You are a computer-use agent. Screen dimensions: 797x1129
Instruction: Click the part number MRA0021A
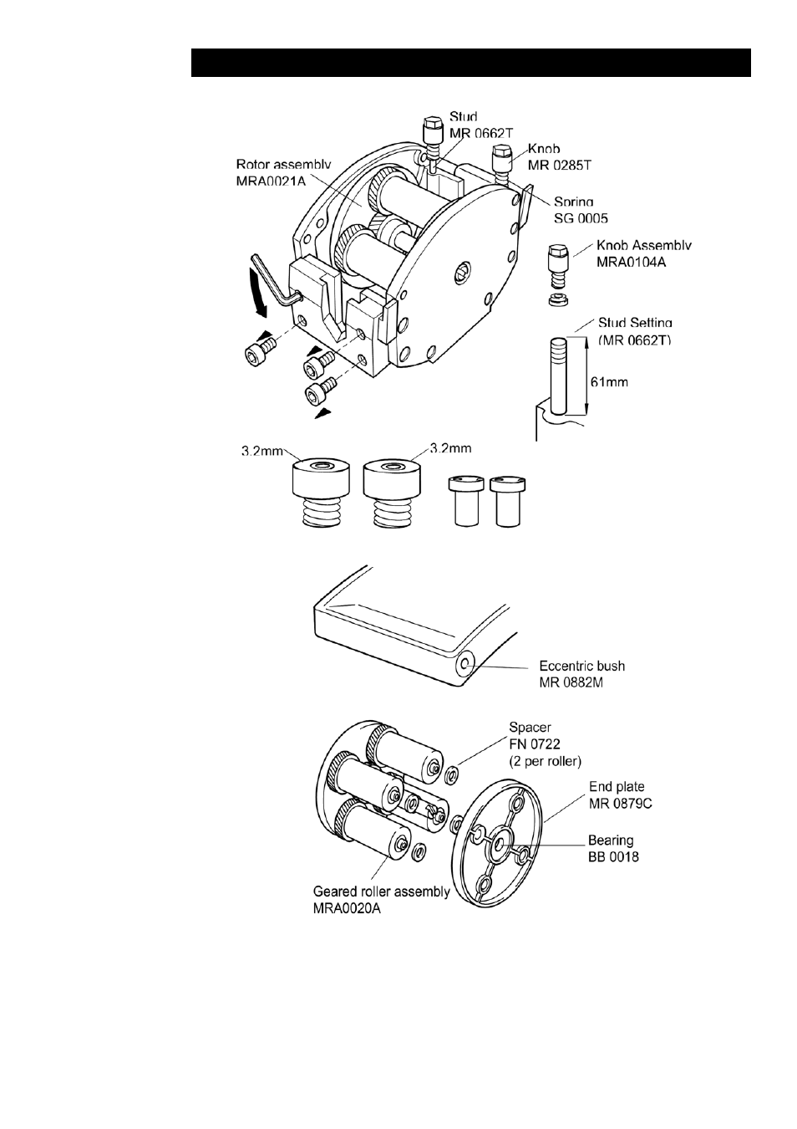pos(271,181)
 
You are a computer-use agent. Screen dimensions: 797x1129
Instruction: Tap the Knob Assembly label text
pos(644,246)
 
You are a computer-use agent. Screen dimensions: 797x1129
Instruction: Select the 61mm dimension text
pos(609,382)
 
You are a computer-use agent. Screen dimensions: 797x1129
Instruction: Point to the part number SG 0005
pos(581,218)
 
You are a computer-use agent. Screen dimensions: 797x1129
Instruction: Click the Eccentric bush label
pos(582,666)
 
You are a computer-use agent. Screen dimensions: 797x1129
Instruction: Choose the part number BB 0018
pos(613,857)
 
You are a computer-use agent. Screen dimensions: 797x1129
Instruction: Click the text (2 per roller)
pos(545,761)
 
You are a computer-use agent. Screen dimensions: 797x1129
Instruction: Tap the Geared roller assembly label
pos(381,891)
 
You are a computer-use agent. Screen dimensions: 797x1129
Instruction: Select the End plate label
pos(617,787)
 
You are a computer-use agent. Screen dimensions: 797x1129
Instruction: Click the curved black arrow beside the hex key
pos(261,294)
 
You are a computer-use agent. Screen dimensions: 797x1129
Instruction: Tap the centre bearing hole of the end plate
pos(501,841)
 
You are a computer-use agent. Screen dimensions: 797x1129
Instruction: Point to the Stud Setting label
pos(635,323)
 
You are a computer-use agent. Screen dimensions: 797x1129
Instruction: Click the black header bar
pos(470,63)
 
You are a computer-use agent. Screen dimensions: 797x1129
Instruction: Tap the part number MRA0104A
pos(631,262)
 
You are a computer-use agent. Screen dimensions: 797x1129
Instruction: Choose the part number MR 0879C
pos(620,804)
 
